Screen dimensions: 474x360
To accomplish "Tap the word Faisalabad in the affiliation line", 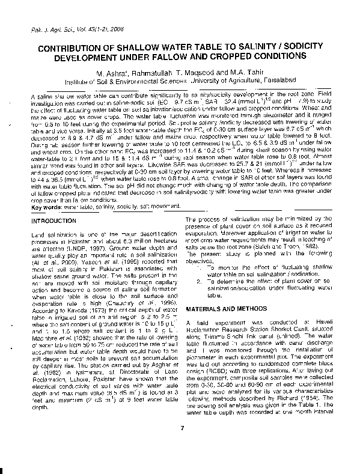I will [276, 80].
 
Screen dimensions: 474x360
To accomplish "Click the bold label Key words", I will [45, 207].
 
